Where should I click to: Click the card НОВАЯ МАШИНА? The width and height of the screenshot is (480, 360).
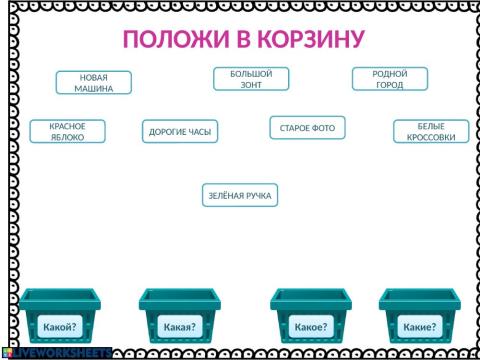click(93, 83)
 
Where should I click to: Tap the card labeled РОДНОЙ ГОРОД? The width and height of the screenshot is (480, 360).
click(389, 79)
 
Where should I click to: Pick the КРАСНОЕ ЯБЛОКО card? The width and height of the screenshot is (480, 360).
click(60, 131)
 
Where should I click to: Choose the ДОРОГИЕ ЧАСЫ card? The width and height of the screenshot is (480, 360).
click(180, 131)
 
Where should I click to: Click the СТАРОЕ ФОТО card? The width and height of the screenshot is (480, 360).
click(307, 128)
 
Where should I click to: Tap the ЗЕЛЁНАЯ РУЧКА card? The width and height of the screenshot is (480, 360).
click(239, 195)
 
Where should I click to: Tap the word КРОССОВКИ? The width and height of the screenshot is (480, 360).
click(431, 137)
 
